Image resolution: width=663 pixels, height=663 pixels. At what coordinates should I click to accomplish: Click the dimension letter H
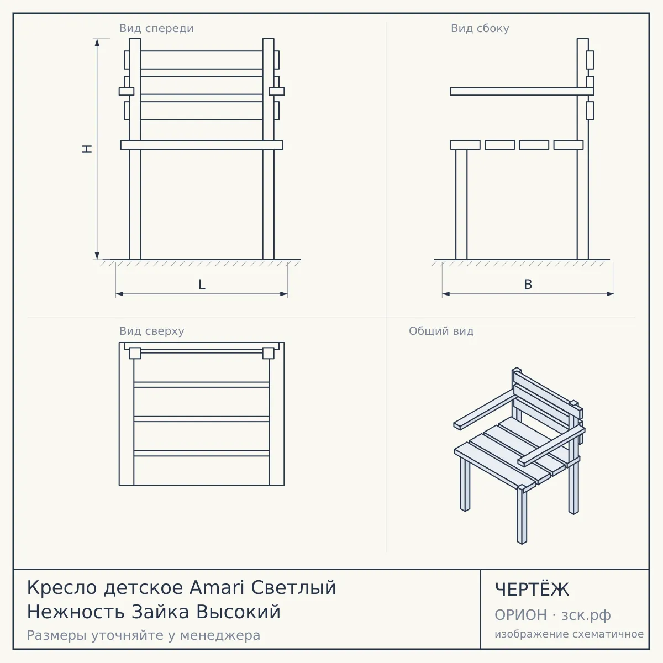click(87, 149)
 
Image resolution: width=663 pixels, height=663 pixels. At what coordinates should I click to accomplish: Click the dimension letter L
click(202, 285)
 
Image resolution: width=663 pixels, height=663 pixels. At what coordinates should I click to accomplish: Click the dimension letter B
click(528, 285)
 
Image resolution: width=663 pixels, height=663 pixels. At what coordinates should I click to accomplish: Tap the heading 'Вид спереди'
click(156, 28)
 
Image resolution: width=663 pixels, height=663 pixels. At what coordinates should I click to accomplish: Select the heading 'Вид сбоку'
click(480, 28)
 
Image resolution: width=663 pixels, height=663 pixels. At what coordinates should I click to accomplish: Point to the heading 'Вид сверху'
click(152, 331)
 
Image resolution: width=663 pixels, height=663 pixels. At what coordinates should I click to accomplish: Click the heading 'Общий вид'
click(441, 331)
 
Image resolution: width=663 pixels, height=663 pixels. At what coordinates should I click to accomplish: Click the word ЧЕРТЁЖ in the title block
click(532, 590)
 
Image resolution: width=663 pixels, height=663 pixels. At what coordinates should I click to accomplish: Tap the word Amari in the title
click(218, 587)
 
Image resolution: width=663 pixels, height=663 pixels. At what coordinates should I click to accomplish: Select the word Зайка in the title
click(160, 612)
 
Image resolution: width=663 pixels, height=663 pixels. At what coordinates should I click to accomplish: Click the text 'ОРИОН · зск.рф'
click(552, 615)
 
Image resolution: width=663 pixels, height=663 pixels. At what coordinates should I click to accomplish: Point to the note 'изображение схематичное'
click(569, 634)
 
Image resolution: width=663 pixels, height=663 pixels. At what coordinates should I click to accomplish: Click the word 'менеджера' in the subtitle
click(220, 635)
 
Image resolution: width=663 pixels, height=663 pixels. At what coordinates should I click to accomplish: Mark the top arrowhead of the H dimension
click(97, 43)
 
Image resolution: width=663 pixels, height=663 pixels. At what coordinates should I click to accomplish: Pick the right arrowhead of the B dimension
click(610, 294)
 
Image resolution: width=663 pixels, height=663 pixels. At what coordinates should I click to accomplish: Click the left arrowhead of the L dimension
click(120, 294)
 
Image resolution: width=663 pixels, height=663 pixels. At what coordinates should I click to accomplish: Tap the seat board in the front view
click(202, 145)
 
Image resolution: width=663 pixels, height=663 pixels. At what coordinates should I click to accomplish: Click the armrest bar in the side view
click(522, 91)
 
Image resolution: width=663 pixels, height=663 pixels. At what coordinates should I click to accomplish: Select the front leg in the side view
click(461, 204)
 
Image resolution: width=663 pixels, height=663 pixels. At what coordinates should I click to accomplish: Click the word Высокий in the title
click(238, 612)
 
